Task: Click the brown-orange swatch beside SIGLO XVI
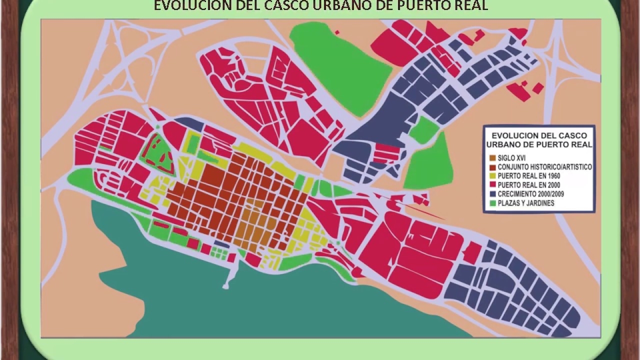tap(492, 158)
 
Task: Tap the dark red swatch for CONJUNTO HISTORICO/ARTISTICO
tap(492, 167)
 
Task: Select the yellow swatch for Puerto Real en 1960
tap(492, 176)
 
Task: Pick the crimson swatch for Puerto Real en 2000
tap(492, 185)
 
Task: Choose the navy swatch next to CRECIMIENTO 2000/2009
tap(492, 194)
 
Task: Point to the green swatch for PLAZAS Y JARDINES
tap(492, 203)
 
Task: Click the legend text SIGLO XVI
tap(511, 158)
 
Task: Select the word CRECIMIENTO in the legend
tap(518, 194)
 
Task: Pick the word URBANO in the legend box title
tap(504, 144)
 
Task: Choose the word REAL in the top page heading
tap(469, 5)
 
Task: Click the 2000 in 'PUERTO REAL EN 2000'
tap(551, 185)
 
